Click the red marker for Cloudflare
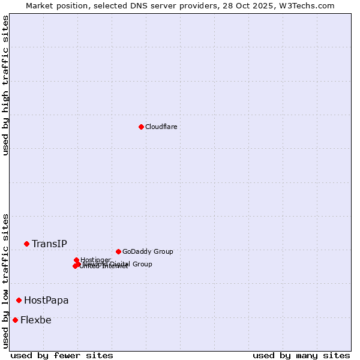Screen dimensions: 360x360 tap(141, 127)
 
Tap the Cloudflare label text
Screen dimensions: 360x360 tap(161, 127)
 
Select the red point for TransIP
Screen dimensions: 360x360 tap(26, 244)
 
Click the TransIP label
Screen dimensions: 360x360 tap(49, 244)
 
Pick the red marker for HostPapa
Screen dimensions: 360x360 tap(19, 300)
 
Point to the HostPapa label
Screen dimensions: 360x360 tap(46, 300)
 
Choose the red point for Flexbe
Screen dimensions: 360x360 tap(15, 320)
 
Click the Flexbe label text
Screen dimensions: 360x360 tap(35, 320)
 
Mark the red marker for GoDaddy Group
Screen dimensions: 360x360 tap(118, 251)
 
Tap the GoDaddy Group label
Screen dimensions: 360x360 tap(148, 252)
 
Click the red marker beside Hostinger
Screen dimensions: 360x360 tap(76, 260)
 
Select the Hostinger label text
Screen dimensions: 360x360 tap(96, 260)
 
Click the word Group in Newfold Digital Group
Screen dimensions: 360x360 tap(142, 264)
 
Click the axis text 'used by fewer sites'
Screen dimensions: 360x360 tap(62, 355)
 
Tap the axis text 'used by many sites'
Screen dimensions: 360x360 tap(301, 355)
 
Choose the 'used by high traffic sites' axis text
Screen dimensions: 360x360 tap(6, 85)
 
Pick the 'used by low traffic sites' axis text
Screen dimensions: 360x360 tap(6, 280)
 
